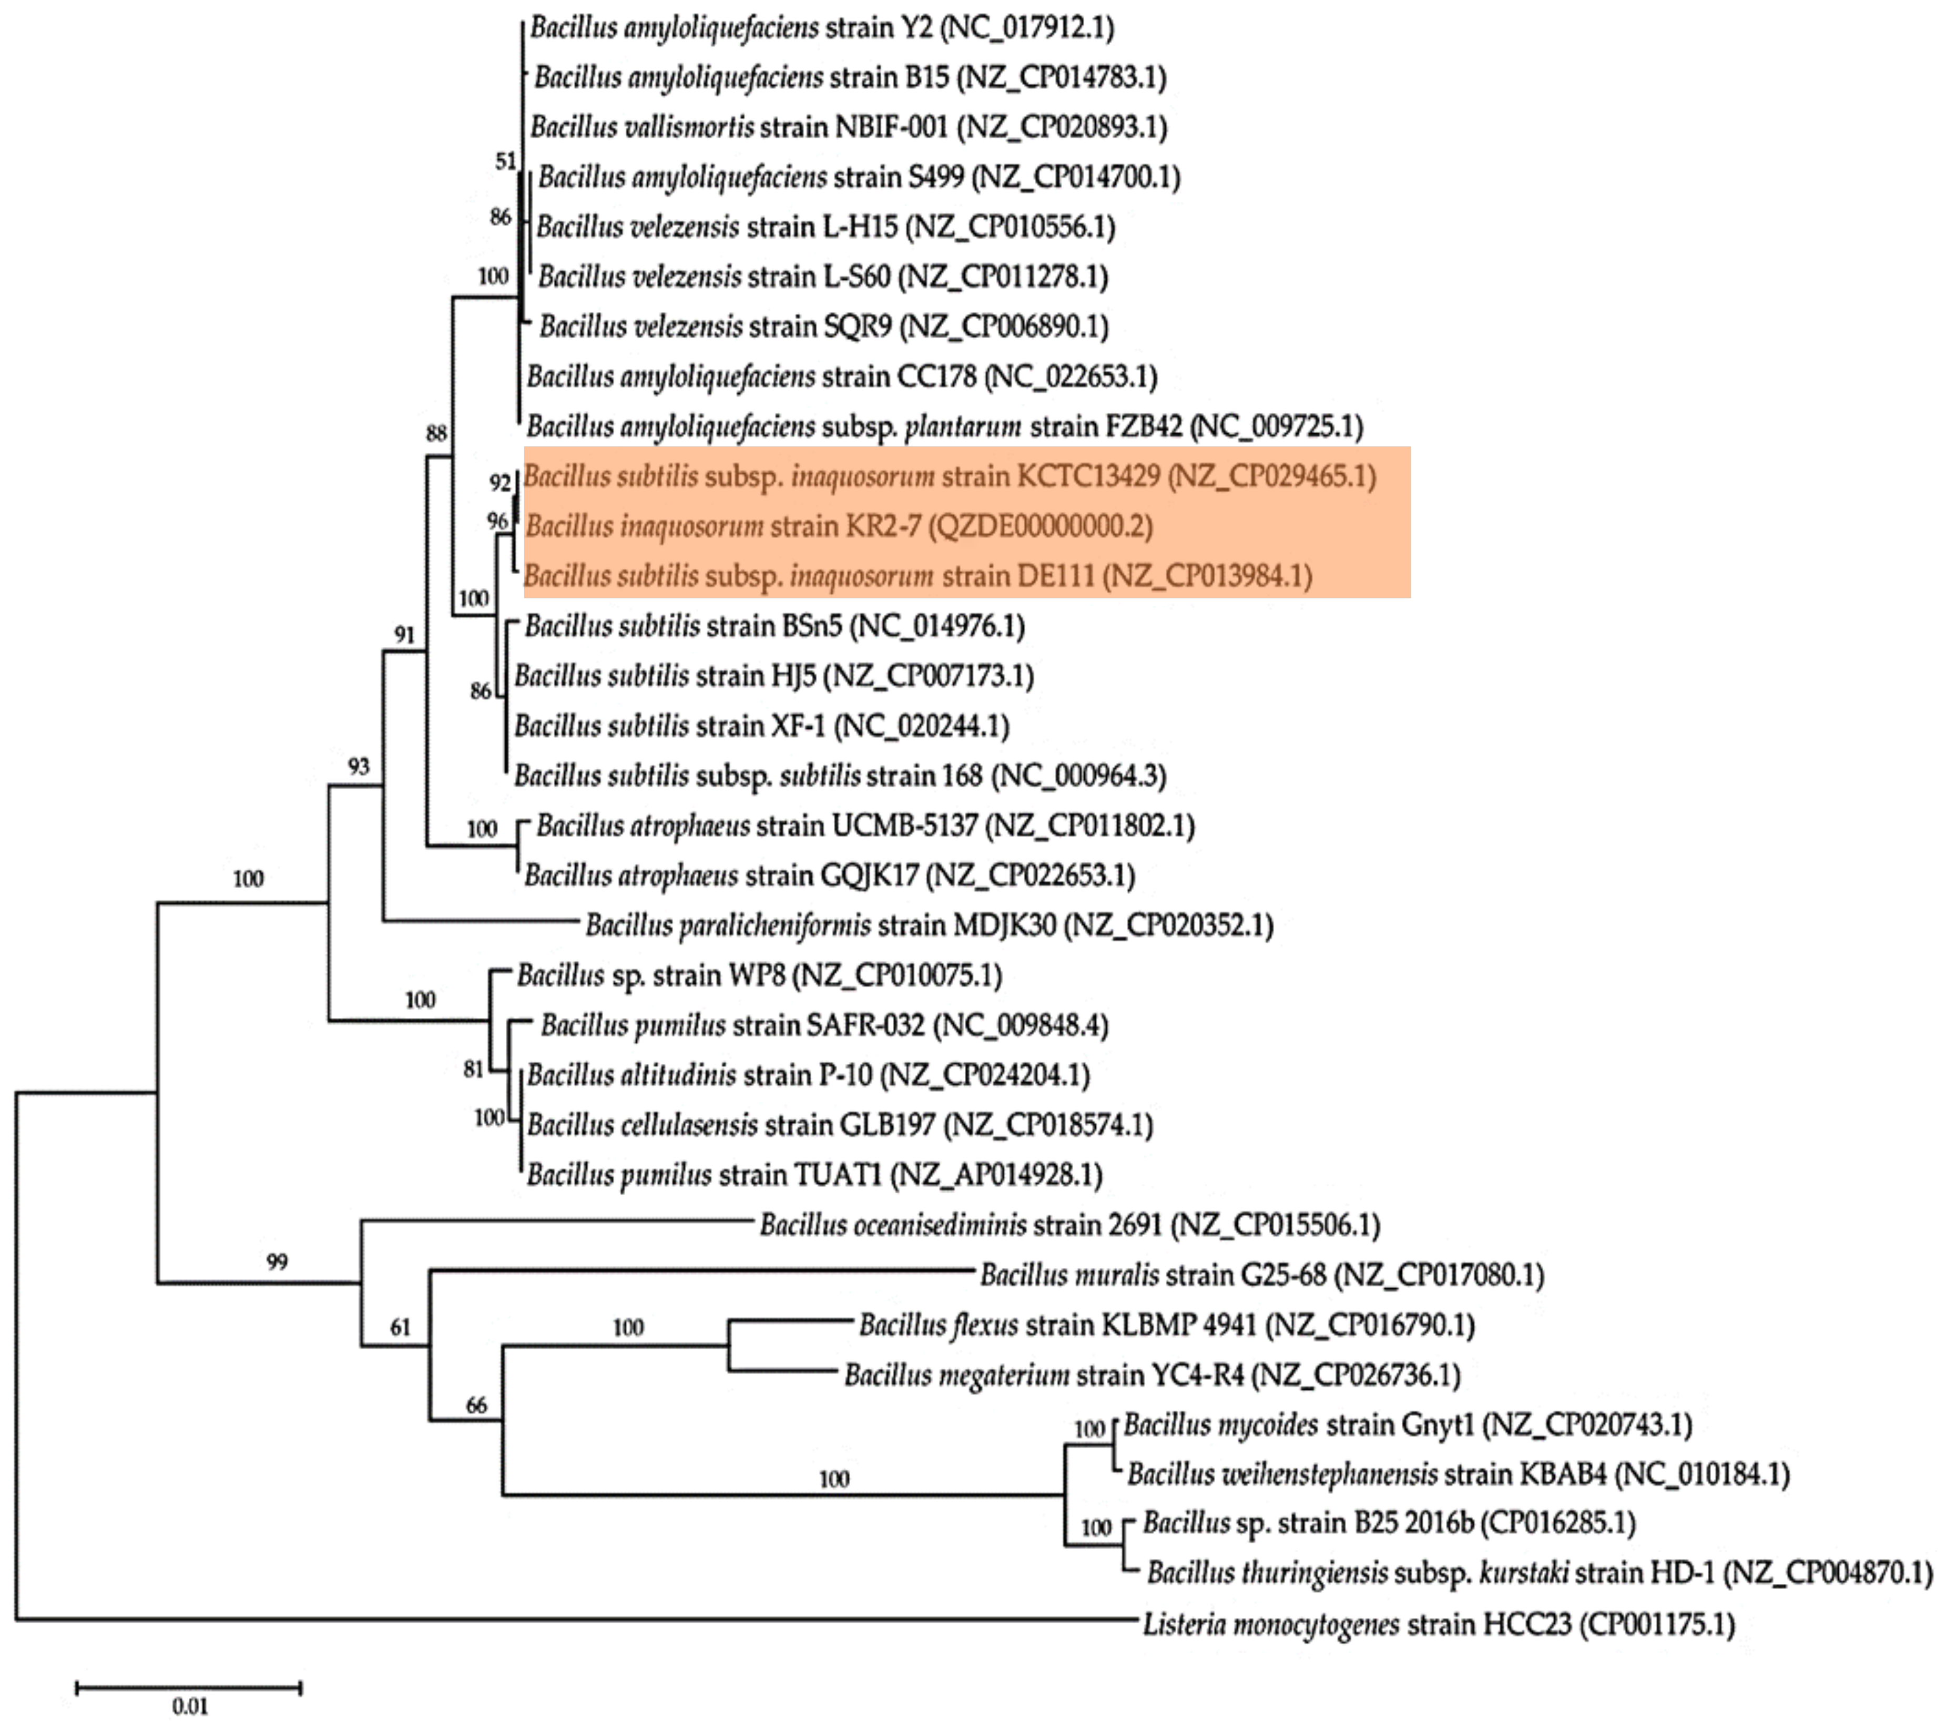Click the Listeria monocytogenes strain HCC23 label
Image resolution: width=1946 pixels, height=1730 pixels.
pos(1438,1623)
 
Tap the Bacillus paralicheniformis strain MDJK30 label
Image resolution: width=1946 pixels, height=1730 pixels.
pos(928,924)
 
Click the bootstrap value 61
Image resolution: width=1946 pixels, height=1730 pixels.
pos(400,1326)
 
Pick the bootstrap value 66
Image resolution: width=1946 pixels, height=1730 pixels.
pos(476,1405)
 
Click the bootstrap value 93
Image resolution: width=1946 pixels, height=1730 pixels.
pos(358,767)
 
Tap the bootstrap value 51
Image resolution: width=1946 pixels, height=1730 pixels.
pos(505,162)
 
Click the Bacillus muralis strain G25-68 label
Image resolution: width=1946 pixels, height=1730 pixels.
pos(1261,1274)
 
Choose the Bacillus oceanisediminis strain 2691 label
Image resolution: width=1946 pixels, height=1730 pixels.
pos(1069,1225)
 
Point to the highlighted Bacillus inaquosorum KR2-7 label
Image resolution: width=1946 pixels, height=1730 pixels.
pos(838,525)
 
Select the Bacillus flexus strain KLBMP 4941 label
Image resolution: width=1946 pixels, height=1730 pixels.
pos(1166,1325)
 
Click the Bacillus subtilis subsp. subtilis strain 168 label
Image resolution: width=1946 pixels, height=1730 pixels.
pos(840,776)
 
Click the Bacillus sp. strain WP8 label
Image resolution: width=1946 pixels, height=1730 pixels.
pos(759,975)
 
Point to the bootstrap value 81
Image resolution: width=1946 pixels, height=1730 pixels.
pos(473,1069)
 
